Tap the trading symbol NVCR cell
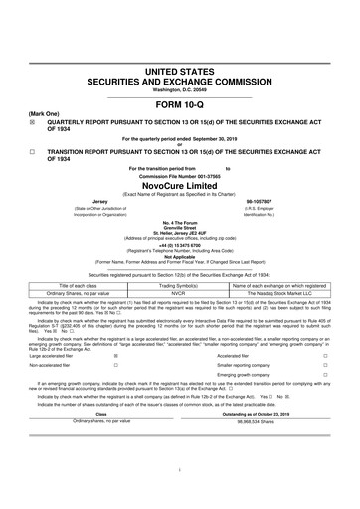(x=179, y=265)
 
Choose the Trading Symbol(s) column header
(x=179, y=257)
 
